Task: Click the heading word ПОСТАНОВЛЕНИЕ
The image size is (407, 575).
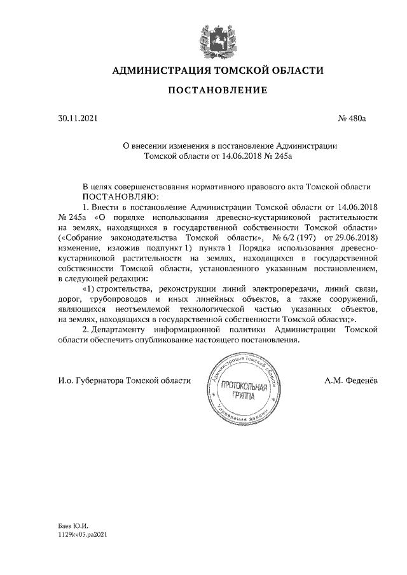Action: [217, 91]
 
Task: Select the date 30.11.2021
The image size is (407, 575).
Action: [75, 118]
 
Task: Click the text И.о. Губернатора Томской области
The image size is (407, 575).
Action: [124, 381]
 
